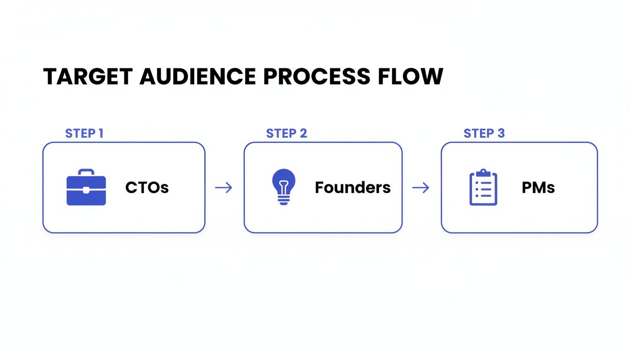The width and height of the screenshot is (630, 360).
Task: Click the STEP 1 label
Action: point(84,133)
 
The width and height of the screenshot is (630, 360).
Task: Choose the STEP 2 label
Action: point(286,133)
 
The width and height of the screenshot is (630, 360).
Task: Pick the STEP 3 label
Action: point(484,133)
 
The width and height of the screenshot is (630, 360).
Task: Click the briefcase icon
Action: point(86,187)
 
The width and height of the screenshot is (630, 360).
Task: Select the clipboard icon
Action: point(483,187)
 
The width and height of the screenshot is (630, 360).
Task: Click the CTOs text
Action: point(147,187)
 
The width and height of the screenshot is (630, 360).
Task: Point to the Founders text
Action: point(352,187)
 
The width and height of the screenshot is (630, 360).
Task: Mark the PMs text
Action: point(538,187)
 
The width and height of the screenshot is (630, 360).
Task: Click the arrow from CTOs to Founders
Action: point(224,188)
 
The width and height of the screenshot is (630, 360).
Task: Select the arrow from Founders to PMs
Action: point(420,188)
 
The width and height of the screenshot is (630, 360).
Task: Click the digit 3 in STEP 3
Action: point(501,133)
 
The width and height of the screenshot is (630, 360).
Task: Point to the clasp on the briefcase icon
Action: point(86,190)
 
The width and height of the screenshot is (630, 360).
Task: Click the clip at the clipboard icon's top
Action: point(483,173)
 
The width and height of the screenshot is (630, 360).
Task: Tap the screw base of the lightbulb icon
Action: point(284,200)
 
